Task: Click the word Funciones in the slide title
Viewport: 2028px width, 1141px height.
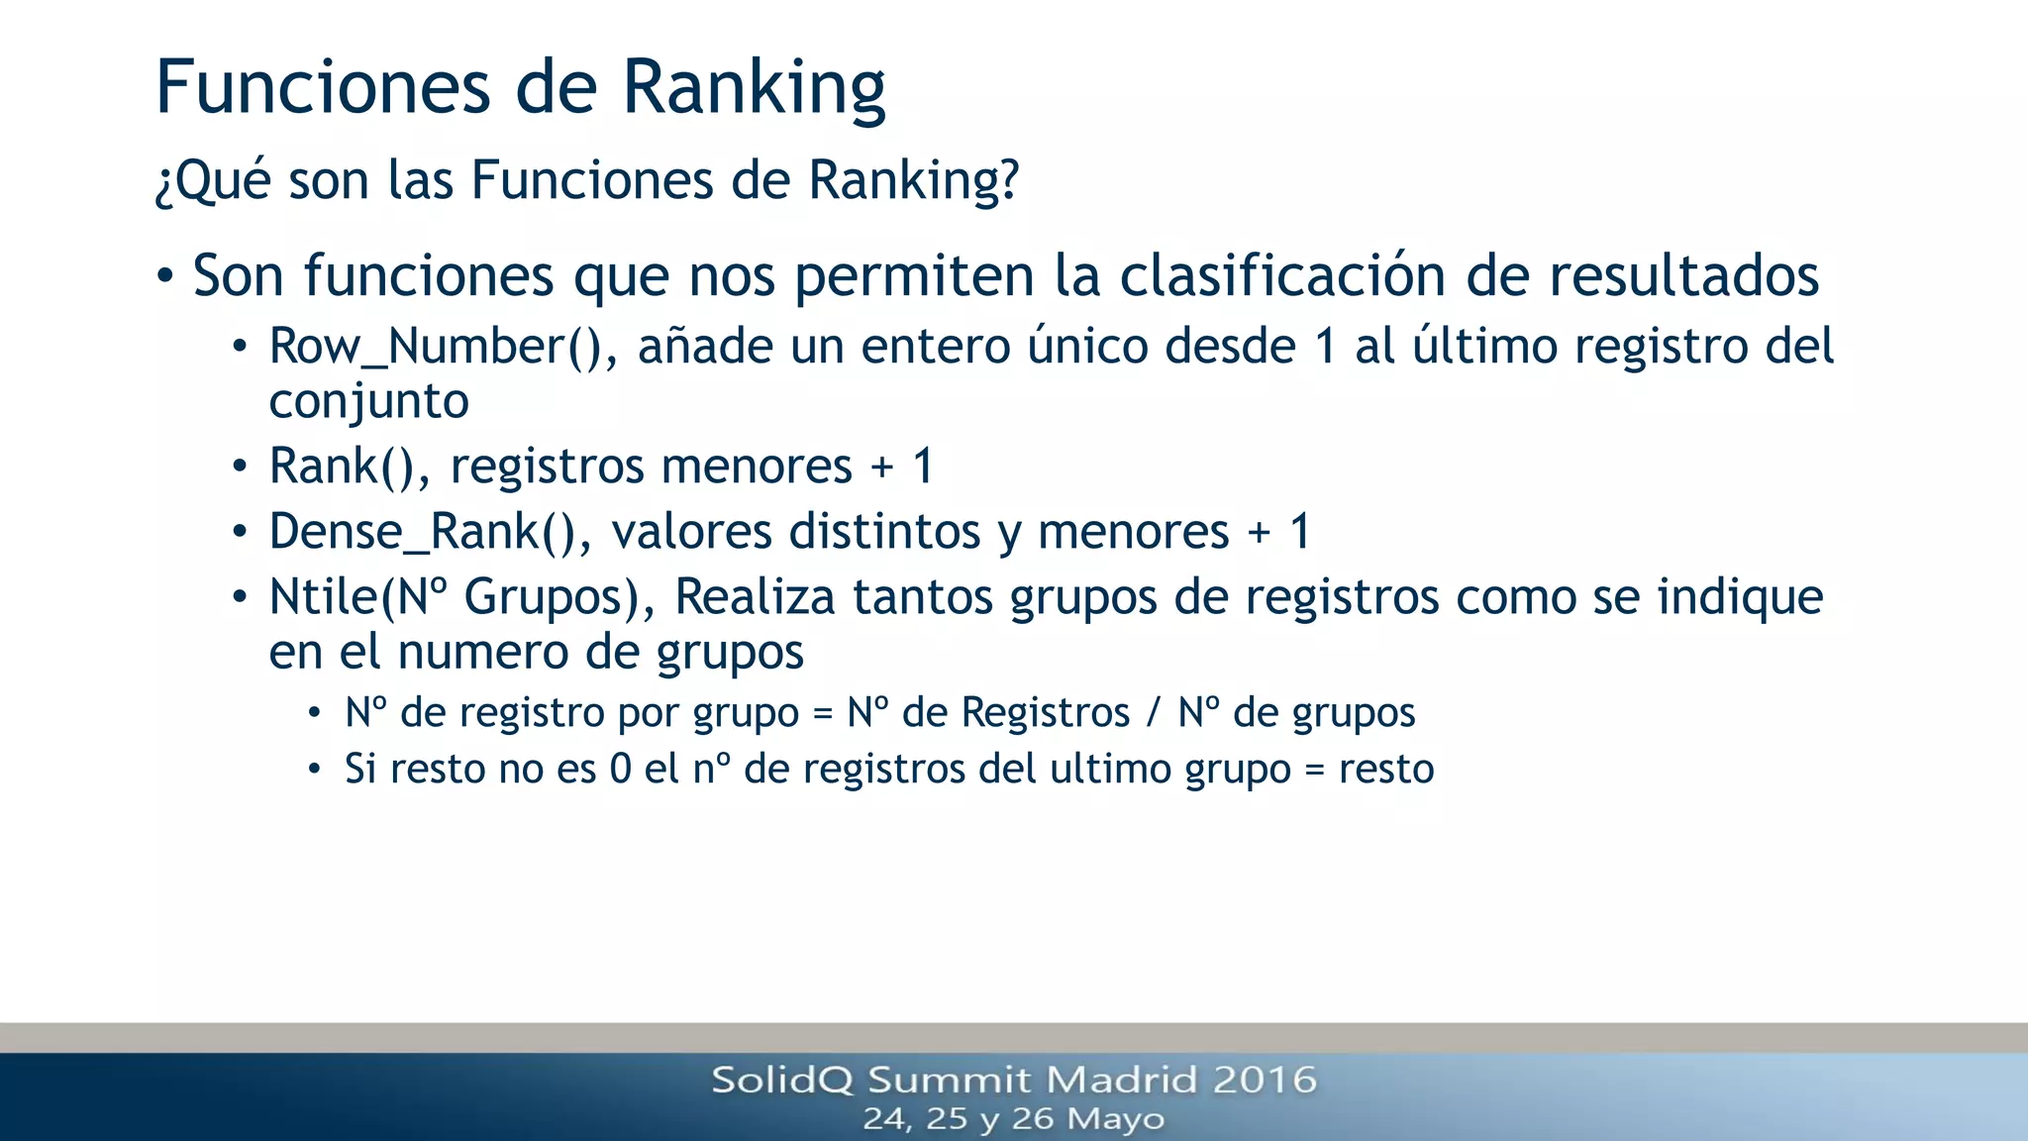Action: (x=323, y=87)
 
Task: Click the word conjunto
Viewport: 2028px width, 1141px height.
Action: (x=368, y=402)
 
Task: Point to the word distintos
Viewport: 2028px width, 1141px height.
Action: (x=884, y=532)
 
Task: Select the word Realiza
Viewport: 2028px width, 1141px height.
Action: (x=755, y=597)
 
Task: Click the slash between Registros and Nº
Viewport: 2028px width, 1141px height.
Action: (x=1153, y=713)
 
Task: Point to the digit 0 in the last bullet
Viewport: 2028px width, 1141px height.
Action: (x=620, y=770)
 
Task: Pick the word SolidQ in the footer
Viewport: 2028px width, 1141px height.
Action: (x=781, y=1080)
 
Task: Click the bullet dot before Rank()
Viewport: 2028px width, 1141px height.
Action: (x=239, y=467)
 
